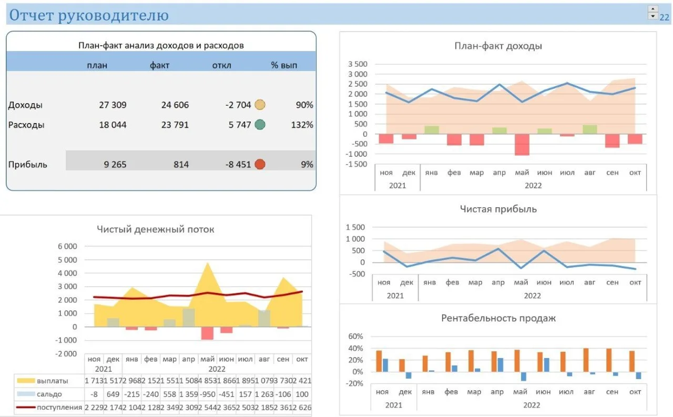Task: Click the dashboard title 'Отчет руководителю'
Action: click(89, 15)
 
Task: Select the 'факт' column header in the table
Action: click(159, 65)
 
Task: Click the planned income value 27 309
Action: click(113, 105)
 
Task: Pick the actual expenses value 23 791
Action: click(175, 125)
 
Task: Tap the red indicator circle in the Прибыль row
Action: click(260, 165)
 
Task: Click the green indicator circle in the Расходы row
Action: click(260, 125)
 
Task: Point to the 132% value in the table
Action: click(302, 125)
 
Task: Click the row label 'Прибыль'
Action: click(28, 165)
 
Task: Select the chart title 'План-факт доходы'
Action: click(498, 46)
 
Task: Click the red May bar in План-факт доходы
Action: click(522, 145)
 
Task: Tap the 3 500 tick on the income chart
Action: click(358, 64)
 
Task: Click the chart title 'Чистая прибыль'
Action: click(498, 209)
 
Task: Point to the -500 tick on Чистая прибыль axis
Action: click(357, 274)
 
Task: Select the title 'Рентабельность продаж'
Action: click(498, 318)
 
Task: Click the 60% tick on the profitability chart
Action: click(355, 336)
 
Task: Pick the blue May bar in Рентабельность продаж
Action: click(524, 377)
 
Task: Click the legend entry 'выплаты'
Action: click(52, 381)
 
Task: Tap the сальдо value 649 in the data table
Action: click(113, 394)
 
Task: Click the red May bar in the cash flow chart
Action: click(207, 333)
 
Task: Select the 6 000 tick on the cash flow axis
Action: click(67, 246)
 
